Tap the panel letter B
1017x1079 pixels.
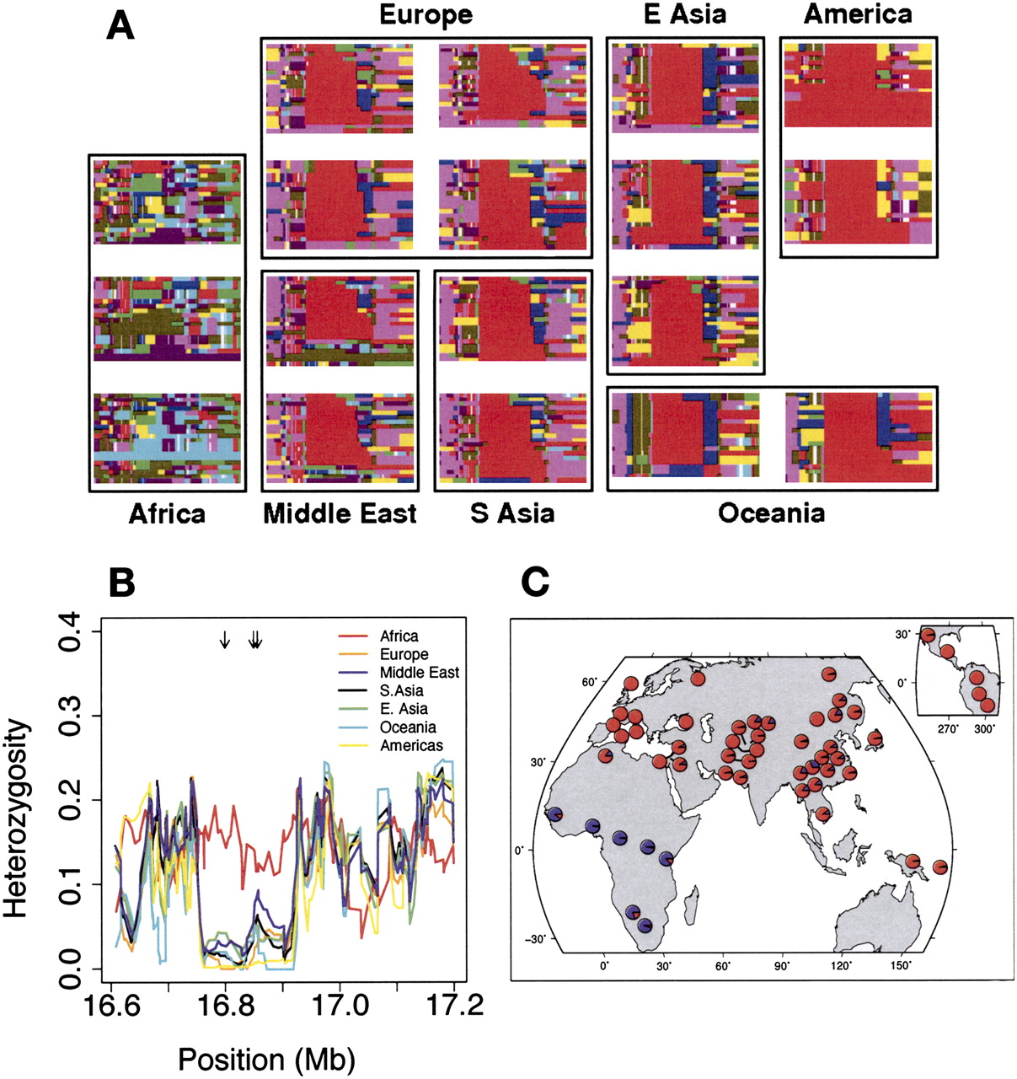pos(123,582)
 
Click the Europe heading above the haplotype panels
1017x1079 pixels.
pos(426,15)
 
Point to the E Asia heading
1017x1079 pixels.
pos(683,15)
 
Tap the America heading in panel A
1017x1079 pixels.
pos(857,15)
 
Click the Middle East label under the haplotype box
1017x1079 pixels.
pos(340,513)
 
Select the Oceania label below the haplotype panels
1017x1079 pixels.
pos(771,513)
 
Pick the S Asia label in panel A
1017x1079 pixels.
pos(512,513)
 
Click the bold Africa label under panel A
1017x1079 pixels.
pos(166,513)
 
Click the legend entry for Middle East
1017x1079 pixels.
pos(419,673)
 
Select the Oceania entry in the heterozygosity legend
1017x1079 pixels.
pos(408,727)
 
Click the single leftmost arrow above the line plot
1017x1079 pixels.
pos(224,641)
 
